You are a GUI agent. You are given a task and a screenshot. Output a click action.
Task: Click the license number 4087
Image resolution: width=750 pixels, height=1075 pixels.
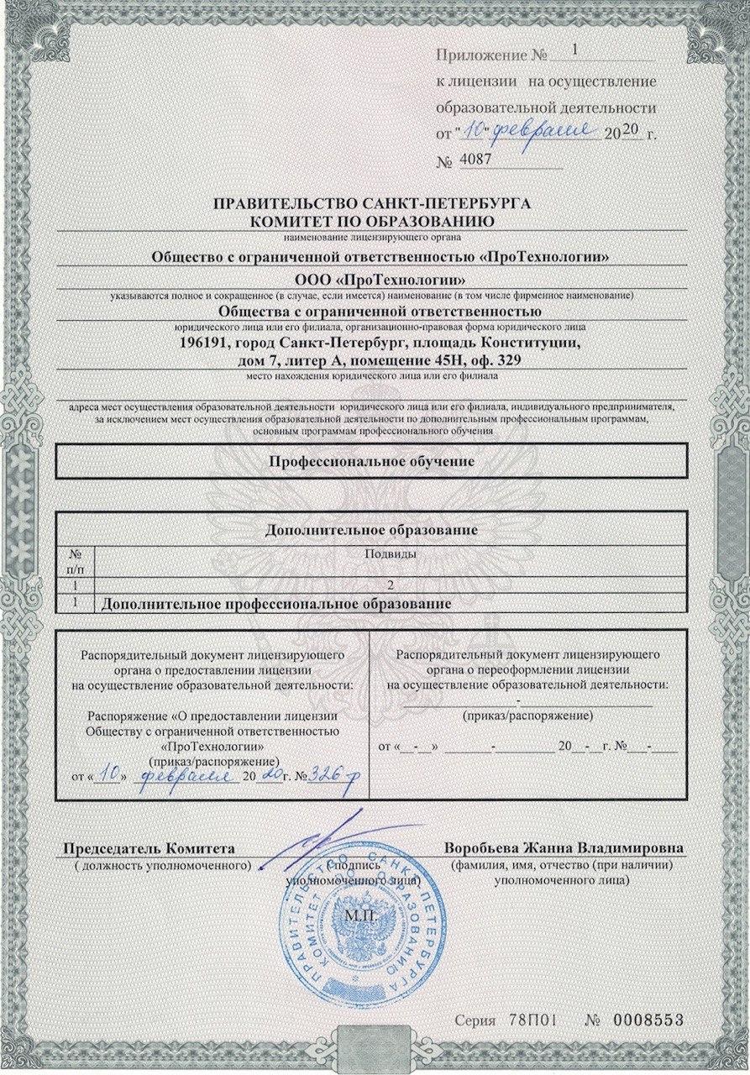[x=477, y=159]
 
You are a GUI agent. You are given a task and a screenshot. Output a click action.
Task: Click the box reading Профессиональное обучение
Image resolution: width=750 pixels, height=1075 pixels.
[x=372, y=461]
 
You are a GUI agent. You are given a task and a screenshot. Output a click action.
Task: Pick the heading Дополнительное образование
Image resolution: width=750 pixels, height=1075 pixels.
[x=371, y=531]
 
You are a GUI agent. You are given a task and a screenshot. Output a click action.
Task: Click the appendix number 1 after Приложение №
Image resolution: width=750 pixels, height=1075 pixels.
[x=574, y=50]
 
